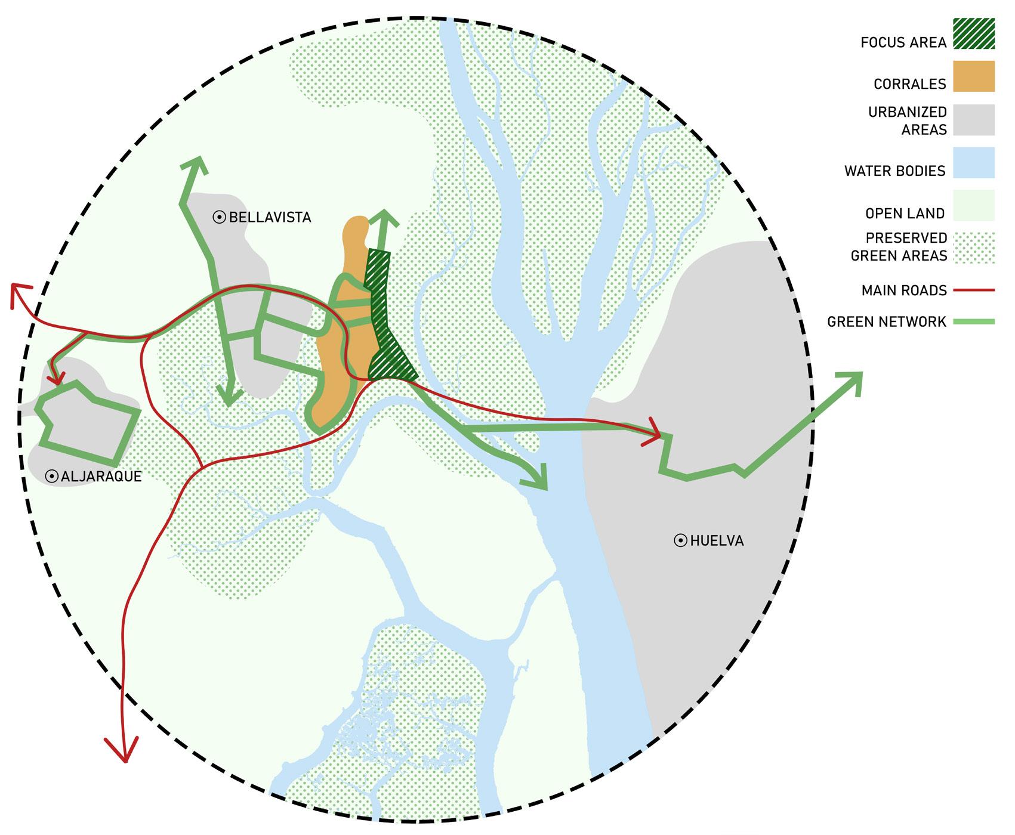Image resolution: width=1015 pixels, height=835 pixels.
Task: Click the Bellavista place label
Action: [270, 217]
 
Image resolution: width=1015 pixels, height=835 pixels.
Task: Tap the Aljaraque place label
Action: [101, 476]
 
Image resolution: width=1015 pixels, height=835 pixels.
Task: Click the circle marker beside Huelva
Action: [680, 541]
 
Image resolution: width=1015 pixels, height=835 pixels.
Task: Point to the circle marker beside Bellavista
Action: [219, 217]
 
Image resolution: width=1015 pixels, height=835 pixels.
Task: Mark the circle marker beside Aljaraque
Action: [51, 476]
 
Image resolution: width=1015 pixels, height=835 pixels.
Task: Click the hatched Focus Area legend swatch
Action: [973, 50]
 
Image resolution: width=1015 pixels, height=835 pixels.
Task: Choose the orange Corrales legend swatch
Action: [973, 76]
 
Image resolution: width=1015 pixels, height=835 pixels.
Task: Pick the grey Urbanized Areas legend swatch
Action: [973, 120]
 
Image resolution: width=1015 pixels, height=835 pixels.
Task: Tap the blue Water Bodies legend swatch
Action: [973, 163]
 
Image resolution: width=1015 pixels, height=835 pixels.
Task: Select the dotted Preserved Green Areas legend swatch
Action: [973, 247]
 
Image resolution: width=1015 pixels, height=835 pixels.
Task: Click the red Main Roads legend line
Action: [973, 290]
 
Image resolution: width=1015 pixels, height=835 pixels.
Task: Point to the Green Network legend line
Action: [973, 322]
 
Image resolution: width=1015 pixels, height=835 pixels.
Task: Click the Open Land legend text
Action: [905, 214]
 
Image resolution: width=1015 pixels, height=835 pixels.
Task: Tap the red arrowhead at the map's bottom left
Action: [123, 752]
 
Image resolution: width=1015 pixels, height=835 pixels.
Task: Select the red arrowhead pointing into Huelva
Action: [655, 437]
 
